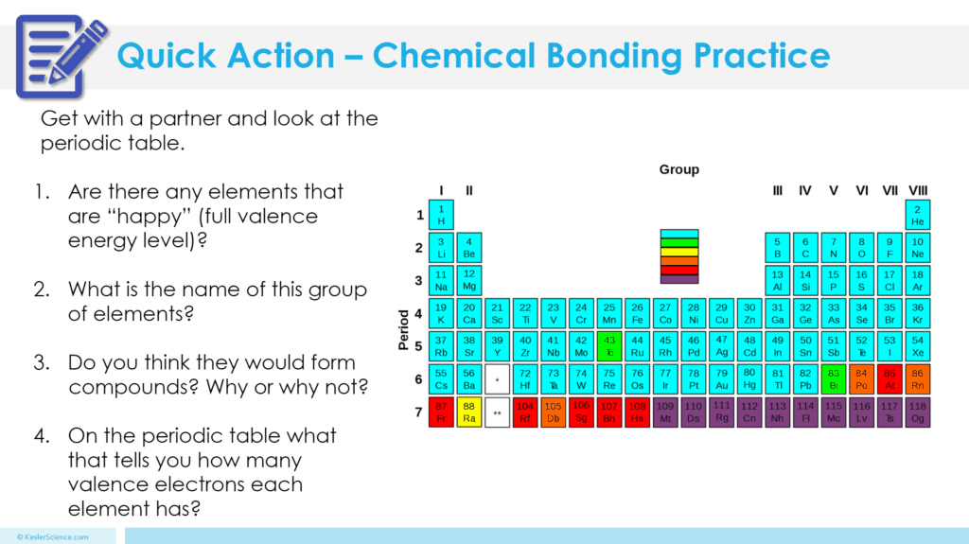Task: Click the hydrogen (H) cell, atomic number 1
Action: (x=441, y=215)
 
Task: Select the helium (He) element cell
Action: (x=917, y=215)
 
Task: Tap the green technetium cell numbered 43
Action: (x=609, y=346)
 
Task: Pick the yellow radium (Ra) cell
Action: (x=468, y=412)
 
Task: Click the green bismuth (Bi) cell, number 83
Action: (x=833, y=379)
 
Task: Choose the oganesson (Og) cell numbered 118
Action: (x=917, y=412)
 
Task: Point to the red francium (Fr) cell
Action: (x=441, y=412)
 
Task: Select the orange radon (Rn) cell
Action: (x=917, y=379)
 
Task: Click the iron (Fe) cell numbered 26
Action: (x=637, y=313)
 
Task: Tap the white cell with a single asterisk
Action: (x=497, y=379)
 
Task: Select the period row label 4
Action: (x=420, y=313)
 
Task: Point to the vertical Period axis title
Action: (x=404, y=328)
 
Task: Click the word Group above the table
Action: (x=678, y=170)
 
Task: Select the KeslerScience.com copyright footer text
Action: (x=57, y=536)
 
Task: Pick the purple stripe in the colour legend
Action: (x=678, y=279)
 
